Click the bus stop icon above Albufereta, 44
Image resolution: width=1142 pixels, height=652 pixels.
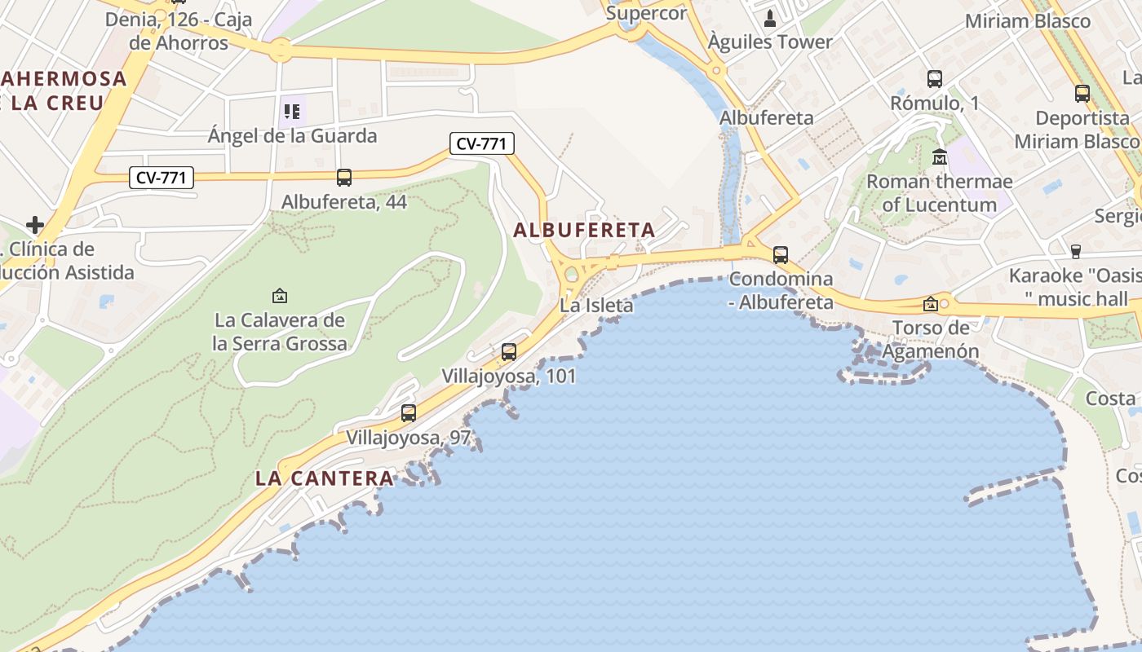point(344,177)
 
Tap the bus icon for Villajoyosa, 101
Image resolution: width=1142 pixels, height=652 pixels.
point(509,352)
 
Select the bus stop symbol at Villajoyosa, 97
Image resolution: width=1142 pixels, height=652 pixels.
point(409,413)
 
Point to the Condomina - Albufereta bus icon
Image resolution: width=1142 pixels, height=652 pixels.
point(781,255)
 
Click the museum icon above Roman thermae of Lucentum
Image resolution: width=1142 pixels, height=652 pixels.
point(940,156)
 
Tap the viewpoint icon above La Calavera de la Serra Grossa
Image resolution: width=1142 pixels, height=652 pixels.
point(280,295)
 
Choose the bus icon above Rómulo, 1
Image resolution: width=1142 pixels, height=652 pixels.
point(935,79)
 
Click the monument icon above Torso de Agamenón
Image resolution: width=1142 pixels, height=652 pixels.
point(930,304)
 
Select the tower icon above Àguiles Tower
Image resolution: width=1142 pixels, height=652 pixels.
point(770,18)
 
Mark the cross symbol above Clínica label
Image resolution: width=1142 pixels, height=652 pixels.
point(35,224)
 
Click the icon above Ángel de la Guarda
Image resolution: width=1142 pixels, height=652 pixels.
point(292,111)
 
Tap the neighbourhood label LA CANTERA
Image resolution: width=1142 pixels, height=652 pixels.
point(325,478)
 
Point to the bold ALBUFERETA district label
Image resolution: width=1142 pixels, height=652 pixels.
point(584,231)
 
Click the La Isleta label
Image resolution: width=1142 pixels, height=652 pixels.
point(596,306)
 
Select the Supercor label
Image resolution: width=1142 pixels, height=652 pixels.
point(647,13)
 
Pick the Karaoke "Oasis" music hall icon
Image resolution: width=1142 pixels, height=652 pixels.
point(1075,251)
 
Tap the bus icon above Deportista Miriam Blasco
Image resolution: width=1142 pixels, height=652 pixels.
point(1082,94)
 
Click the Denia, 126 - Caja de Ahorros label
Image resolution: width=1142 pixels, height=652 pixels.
point(179,31)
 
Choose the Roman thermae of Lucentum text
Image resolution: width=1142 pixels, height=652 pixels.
point(939,193)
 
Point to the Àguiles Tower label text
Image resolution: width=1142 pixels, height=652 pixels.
point(770,42)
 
